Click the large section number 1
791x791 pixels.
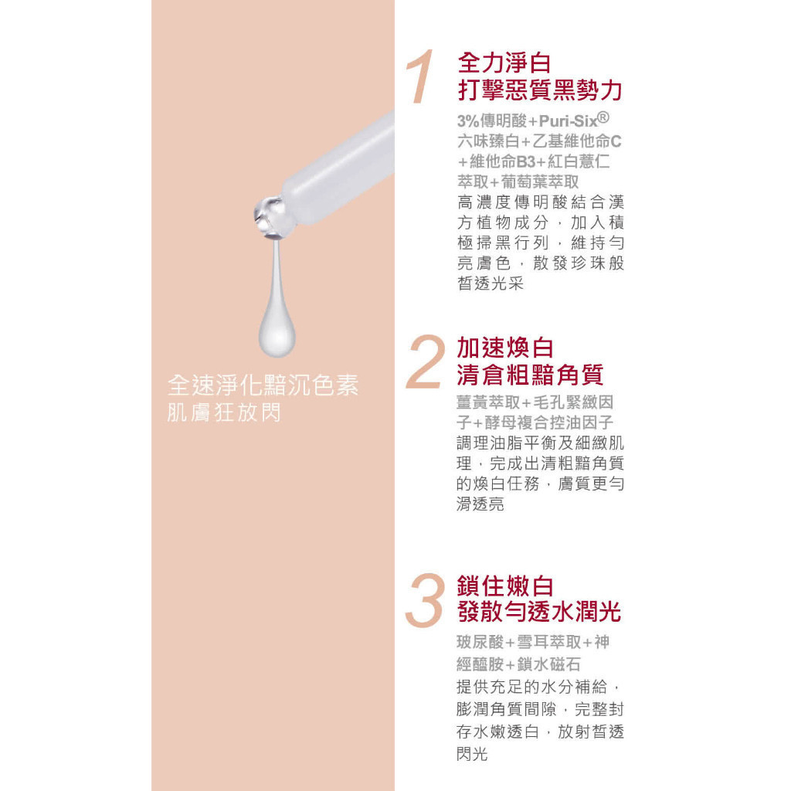[421, 76]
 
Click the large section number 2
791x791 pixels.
[426, 362]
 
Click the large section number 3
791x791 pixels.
[425, 600]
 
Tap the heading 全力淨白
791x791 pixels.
[504, 63]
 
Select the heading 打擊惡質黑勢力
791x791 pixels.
[540, 90]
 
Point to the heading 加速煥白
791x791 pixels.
[505, 348]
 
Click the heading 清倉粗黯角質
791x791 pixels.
[530, 375]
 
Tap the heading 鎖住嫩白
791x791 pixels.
[505, 586]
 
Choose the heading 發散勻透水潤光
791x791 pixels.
[538, 613]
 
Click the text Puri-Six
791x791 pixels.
[568, 121]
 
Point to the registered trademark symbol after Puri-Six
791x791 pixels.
[603, 117]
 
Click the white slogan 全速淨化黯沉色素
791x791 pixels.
[263, 385]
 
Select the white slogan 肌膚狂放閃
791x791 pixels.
[224, 412]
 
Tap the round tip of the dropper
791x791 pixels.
[270, 217]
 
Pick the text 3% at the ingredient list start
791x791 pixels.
[467, 121]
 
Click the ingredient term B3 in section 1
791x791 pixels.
[525, 161]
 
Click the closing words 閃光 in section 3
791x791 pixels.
[472, 754]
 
